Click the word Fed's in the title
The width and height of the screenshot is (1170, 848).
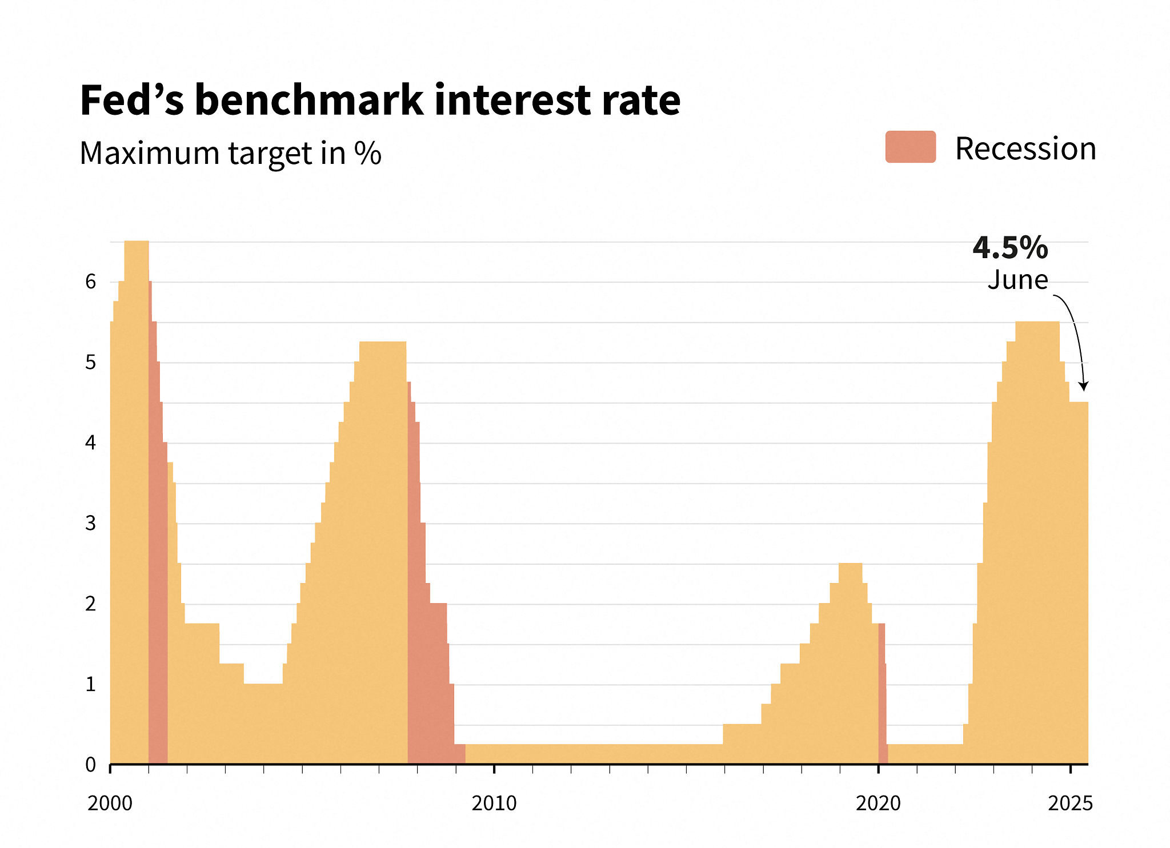tap(132, 101)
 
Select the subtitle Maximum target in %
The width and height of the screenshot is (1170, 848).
tap(230, 153)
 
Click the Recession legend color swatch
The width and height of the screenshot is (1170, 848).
tap(910, 147)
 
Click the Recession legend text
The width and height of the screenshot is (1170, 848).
tap(1025, 148)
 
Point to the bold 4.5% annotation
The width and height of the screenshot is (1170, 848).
tap(1010, 247)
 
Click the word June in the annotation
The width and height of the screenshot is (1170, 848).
tap(1017, 280)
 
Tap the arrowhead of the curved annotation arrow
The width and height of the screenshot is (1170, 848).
tap(1083, 387)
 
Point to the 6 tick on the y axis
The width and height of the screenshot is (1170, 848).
tap(90, 282)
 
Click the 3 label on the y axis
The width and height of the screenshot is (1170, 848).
tap(90, 523)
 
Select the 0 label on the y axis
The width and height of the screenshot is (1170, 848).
tap(90, 765)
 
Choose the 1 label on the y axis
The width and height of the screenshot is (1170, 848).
tap(90, 684)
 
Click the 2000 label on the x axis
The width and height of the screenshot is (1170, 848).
tap(110, 803)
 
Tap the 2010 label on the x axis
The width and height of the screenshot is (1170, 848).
tap(494, 803)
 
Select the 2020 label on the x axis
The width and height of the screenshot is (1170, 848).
tap(878, 803)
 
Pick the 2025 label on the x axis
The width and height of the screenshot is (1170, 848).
tap(1070, 803)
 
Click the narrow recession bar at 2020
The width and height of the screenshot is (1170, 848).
tap(882, 697)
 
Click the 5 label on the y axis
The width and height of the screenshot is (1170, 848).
tap(90, 362)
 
